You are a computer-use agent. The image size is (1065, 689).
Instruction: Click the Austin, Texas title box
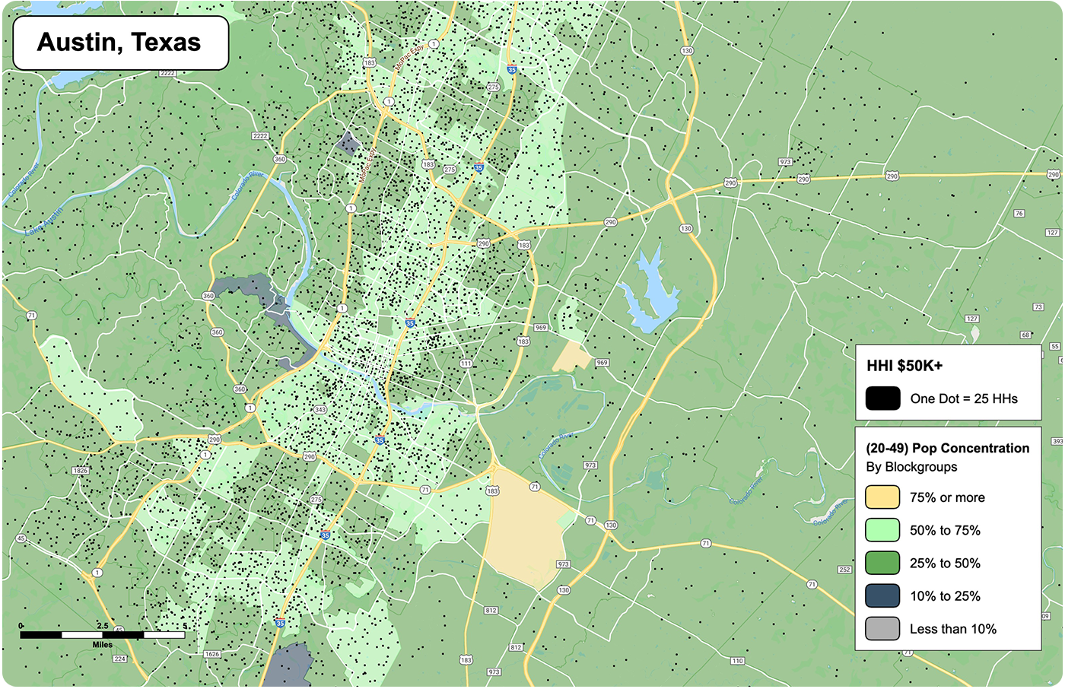click(x=120, y=43)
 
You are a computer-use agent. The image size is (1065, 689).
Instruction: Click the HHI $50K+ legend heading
click(x=904, y=366)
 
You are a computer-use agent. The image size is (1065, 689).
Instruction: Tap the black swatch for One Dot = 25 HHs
click(x=882, y=398)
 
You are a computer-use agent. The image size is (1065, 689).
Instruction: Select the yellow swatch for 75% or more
click(x=882, y=497)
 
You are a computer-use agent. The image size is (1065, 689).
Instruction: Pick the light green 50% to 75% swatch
click(x=882, y=530)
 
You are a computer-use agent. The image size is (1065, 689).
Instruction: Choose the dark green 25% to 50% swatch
click(x=882, y=564)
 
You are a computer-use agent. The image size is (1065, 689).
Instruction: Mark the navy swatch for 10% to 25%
click(x=882, y=596)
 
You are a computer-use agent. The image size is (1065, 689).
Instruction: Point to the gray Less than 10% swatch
click(x=882, y=629)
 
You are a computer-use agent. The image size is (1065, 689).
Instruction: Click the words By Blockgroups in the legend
click(x=911, y=467)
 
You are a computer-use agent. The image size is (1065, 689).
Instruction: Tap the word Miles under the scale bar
click(x=103, y=645)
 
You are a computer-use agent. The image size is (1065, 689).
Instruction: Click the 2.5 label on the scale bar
click(x=103, y=626)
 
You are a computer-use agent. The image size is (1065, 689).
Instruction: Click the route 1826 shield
click(x=80, y=471)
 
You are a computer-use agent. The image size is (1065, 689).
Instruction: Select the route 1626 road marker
click(x=212, y=654)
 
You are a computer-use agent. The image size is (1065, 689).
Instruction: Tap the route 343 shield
click(x=320, y=410)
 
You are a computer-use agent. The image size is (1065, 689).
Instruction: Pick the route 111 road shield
click(x=466, y=364)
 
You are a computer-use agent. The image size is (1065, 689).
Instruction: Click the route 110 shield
click(x=737, y=661)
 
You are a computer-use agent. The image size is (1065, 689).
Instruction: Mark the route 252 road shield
click(x=844, y=569)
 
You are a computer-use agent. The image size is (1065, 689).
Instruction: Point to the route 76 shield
click(x=1019, y=214)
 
